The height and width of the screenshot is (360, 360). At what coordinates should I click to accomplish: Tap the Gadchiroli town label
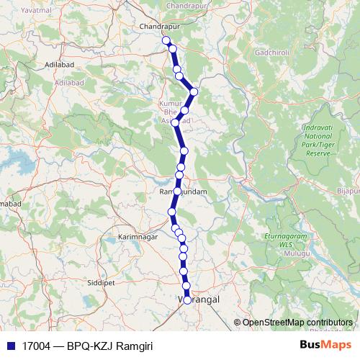click(x=274, y=53)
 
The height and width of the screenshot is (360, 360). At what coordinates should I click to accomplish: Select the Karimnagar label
click(x=137, y=235)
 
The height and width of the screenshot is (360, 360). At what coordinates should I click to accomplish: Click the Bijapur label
click(x=348, y=192)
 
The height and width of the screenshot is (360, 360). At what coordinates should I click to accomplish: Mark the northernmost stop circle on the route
click(x=166, y=40)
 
